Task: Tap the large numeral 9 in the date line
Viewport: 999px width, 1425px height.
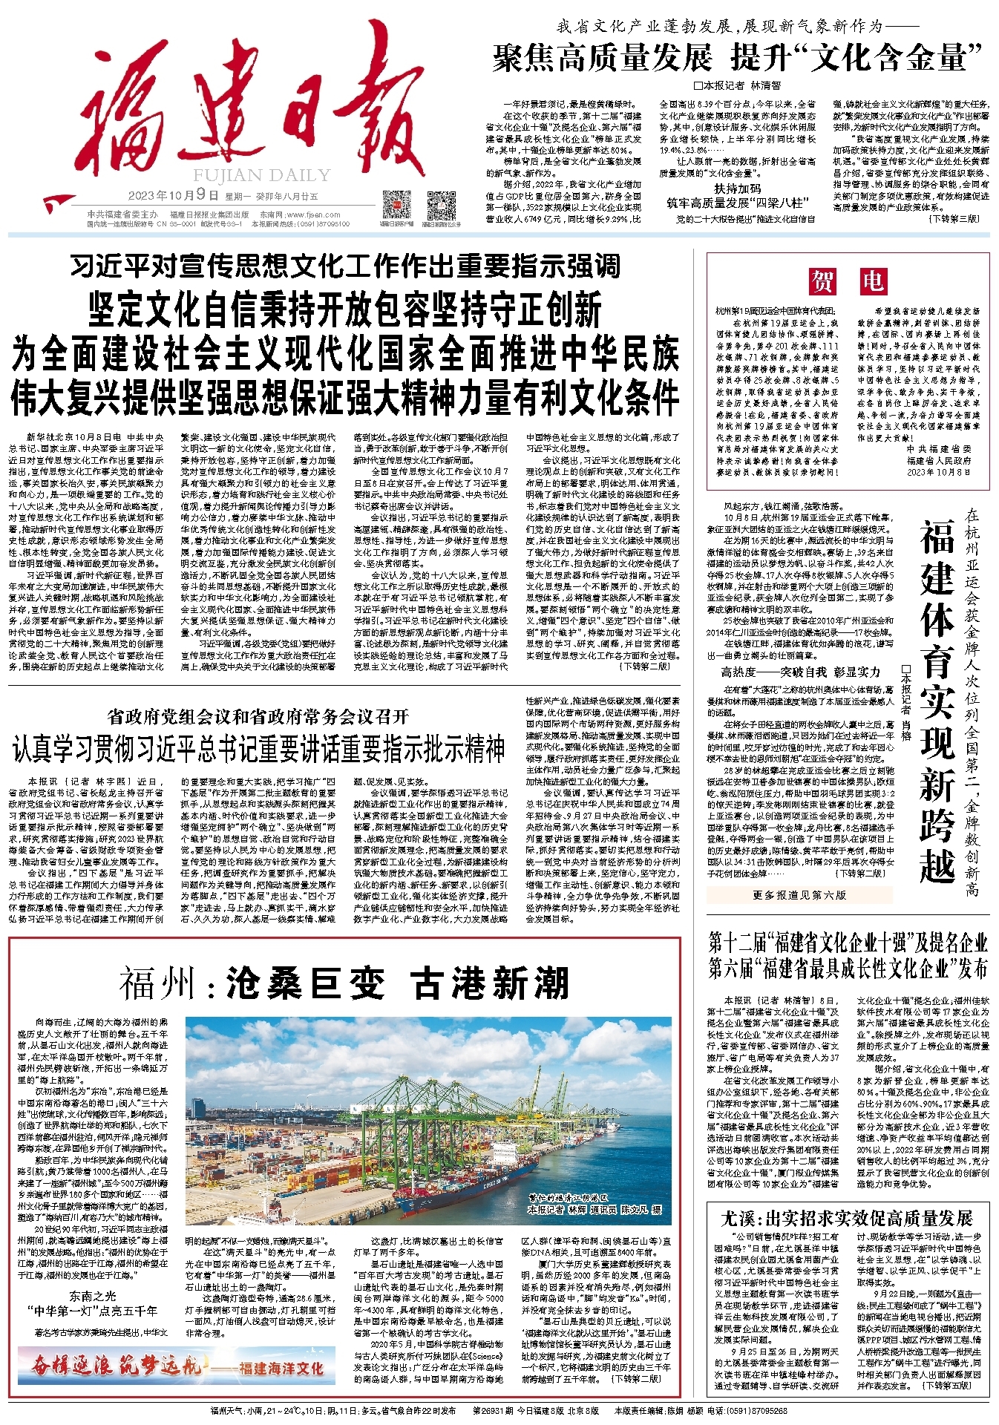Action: pyautogui.click(x=200, y=195)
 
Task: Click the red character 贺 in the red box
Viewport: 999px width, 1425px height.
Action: pyautogui.click(x=822, y=281)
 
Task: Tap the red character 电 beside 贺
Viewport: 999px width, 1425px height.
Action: pyautogui.click(x=873, y=281)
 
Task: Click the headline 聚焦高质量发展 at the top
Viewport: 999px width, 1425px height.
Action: pyautogui.click(x=602, y=58)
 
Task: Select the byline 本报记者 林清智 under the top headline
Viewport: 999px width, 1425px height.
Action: pyautogui.click(x=737, y=85)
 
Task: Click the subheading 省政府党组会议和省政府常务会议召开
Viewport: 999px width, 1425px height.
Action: pyautogui.click(x=258, y=716)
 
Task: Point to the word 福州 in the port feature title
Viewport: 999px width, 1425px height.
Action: pyautogui.click(x=160, y=984)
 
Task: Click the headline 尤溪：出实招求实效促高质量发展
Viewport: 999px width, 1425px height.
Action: pyautogui.click(x=847, y=1218)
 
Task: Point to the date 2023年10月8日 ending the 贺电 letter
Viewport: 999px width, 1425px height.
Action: pyautogui.click(x=938, y=471)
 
